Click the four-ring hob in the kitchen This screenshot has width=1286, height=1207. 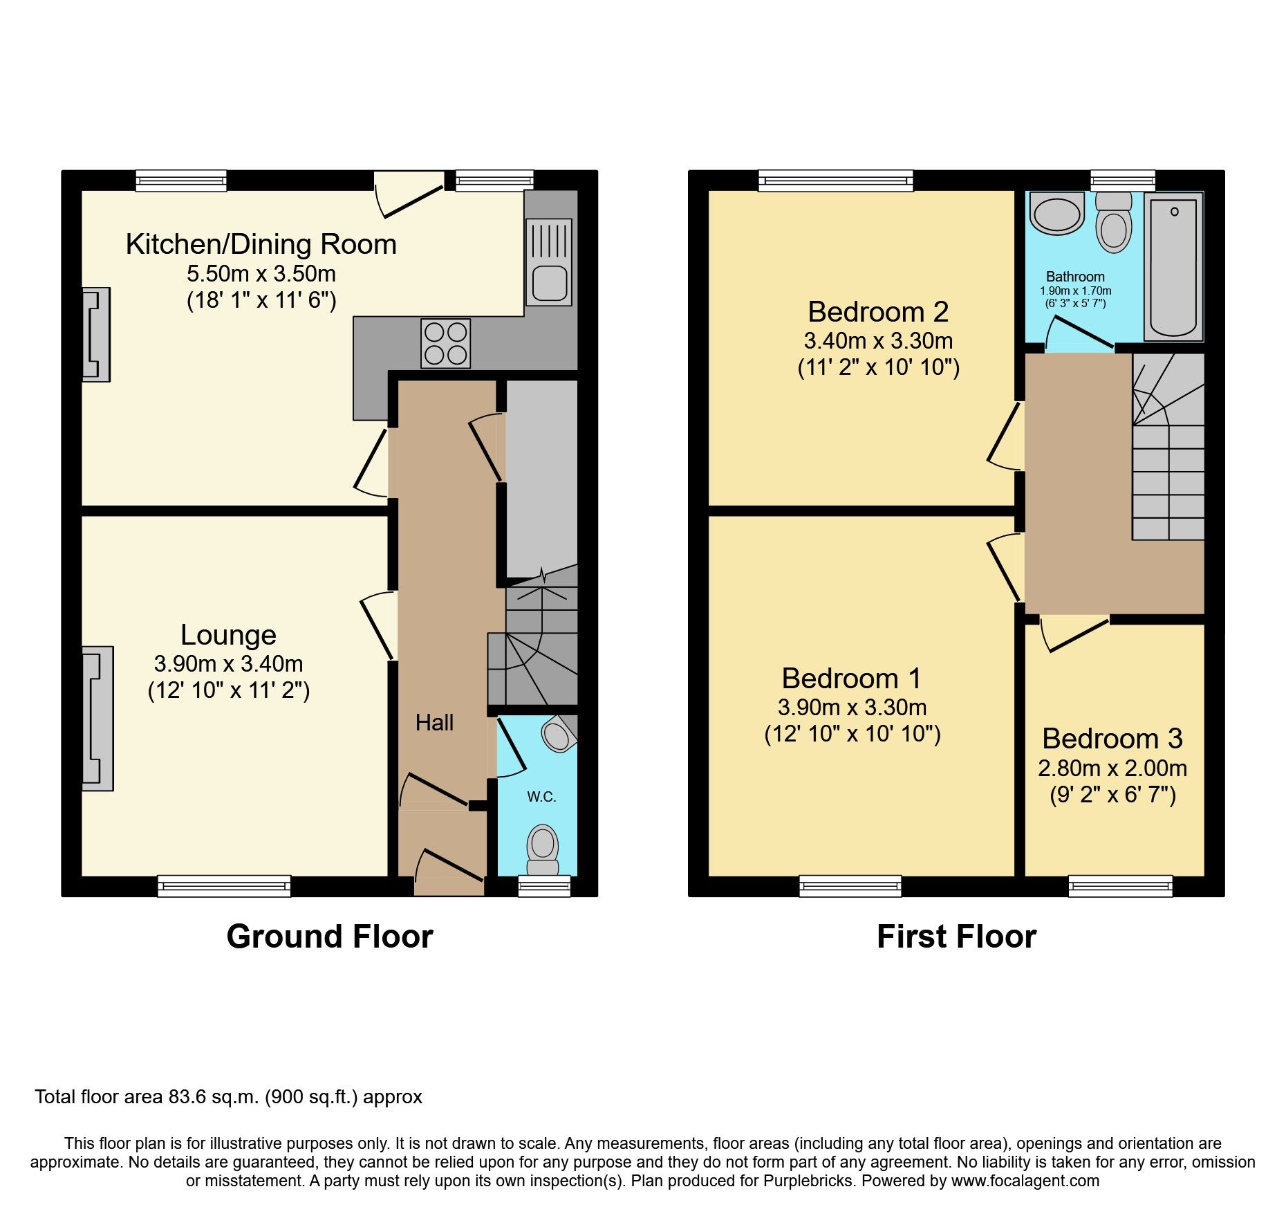point(446,343)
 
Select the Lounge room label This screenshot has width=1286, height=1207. point(228,635)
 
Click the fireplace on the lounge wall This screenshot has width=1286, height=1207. point(97,719)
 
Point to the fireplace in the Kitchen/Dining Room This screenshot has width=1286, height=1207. point(95,335)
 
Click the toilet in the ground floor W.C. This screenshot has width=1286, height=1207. point(543,850)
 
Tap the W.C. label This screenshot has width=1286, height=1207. point(541,797)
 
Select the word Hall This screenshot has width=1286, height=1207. point(434,723)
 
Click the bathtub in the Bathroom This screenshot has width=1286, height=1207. point(1173,267)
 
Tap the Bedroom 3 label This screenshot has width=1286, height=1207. point(1112,739)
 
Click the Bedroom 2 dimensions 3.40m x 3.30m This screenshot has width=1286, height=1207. point(878,340)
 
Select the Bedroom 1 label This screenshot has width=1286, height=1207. point(851,679)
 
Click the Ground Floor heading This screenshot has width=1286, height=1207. point(330,937)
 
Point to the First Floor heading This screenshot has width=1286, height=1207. point(956,937)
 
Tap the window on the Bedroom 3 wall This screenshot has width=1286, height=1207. point(1120,886)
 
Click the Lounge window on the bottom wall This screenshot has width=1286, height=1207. point(224,886)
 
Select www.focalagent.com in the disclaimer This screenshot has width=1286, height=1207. point(1025,1181)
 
